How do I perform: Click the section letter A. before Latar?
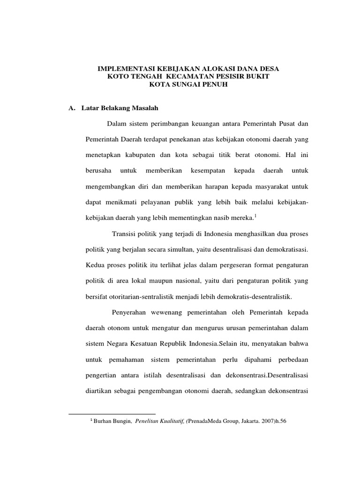pyautogui.click(x=72, y=108)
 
